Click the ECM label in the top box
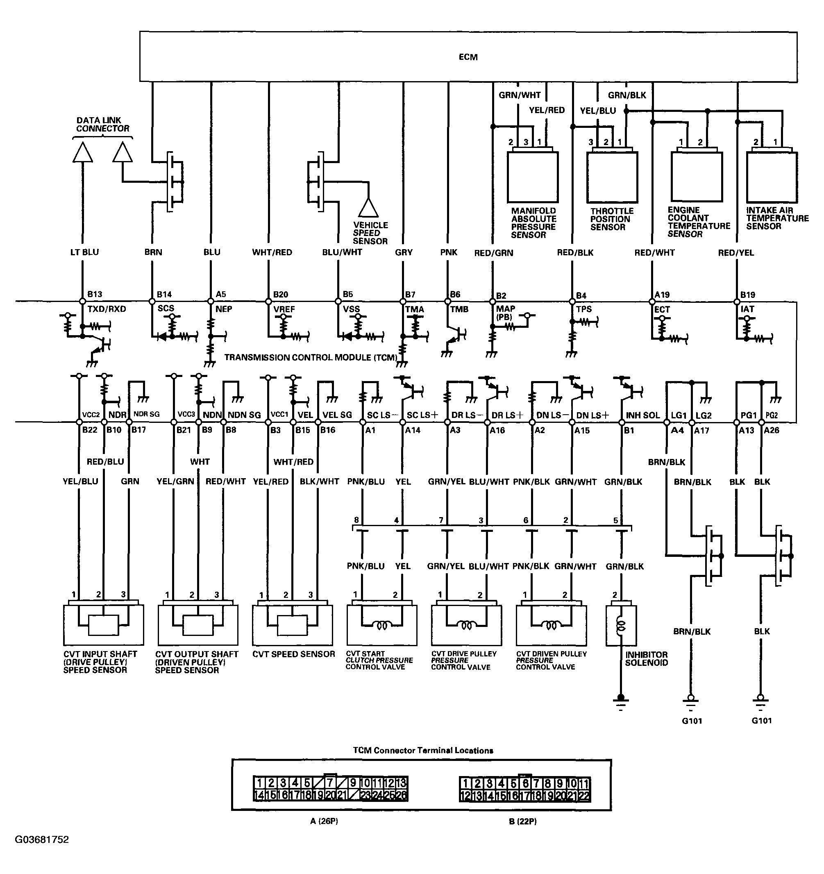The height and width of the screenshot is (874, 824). pos(468,57)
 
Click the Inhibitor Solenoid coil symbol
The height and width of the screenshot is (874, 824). pos(621,626)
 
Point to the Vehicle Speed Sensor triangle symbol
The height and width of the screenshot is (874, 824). pos(368,208)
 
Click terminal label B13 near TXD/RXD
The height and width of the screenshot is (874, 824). pos(95,294)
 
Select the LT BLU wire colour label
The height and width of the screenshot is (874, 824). pos(84,252)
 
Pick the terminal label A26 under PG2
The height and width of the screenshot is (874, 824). pos(772,430)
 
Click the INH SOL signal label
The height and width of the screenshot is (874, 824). pos(643,415)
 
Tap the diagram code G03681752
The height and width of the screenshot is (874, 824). pos(42,840)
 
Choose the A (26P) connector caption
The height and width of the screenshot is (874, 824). pos(324,821)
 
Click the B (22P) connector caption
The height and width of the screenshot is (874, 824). pos(523,821)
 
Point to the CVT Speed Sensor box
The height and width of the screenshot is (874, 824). pos(293,625)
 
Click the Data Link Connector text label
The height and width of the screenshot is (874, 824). pos(103,125)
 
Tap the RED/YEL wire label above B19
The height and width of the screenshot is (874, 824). pos(736,253)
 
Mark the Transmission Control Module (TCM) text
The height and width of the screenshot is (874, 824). pos(311,357)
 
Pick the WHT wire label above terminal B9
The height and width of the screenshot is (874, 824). pos(200,462)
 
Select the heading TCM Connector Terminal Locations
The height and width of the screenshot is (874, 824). pos(423,751)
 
